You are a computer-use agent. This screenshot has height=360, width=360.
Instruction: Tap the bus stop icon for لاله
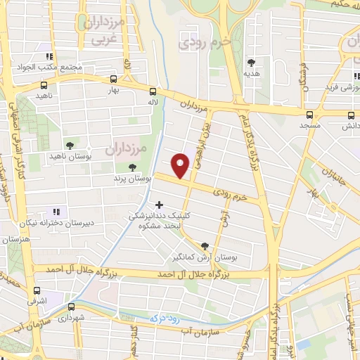pyautogui.click(x=153, y=90)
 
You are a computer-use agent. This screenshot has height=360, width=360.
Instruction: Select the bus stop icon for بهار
pyautogui.click(x=114, y=79)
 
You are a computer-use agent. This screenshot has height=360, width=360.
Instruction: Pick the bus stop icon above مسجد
pyautogui.click(x=310, y=114)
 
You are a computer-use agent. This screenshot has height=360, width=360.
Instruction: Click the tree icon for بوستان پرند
pyautogui.click(x=132, y=167)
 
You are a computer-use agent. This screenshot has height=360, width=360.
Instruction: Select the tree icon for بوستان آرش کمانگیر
pyautogui.click(x=205, y=246)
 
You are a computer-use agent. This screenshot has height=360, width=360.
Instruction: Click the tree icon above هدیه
pyautogui.click(x=251, y=63)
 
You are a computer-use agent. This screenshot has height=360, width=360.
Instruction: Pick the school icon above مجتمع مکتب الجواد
pyautogui.click(x=48, y=56)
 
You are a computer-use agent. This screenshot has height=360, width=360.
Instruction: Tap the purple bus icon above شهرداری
pyautogui.click(x=71, y=307)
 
